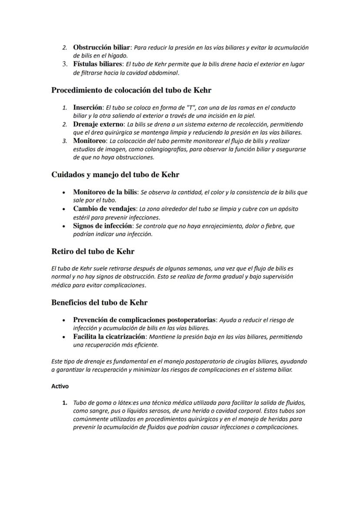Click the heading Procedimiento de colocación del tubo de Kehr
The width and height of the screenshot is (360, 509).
pyautogui.click(x=131, y=90)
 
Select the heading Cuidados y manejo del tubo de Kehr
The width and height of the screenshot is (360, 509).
pyautogui.click(x=115, y=175)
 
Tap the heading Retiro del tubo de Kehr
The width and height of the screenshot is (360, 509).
pyautogui.click(x=93, y=251)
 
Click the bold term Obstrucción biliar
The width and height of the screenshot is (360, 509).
pyautogui.click(x=102, y=47)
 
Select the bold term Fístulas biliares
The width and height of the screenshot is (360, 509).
pyautogui.click(x=98, y=64)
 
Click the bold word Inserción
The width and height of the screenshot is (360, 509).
pyautogui.click(x=88, y=107)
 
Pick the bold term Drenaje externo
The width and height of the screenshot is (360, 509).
pyautogui.click(x=98, y=124)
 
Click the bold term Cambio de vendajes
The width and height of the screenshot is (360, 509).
pyautogui.click(x=104, y=209)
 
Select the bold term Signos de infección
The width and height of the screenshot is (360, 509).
pyautogui.click(x=103, y=226)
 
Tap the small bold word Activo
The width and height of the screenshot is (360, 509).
pyautogui.click(x=60, y=386)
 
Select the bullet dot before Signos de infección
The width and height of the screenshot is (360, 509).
pyautogui.click(x=64, y=226)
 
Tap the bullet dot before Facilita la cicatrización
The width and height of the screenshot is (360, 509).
pyautogui.click(x=64, y=337)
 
